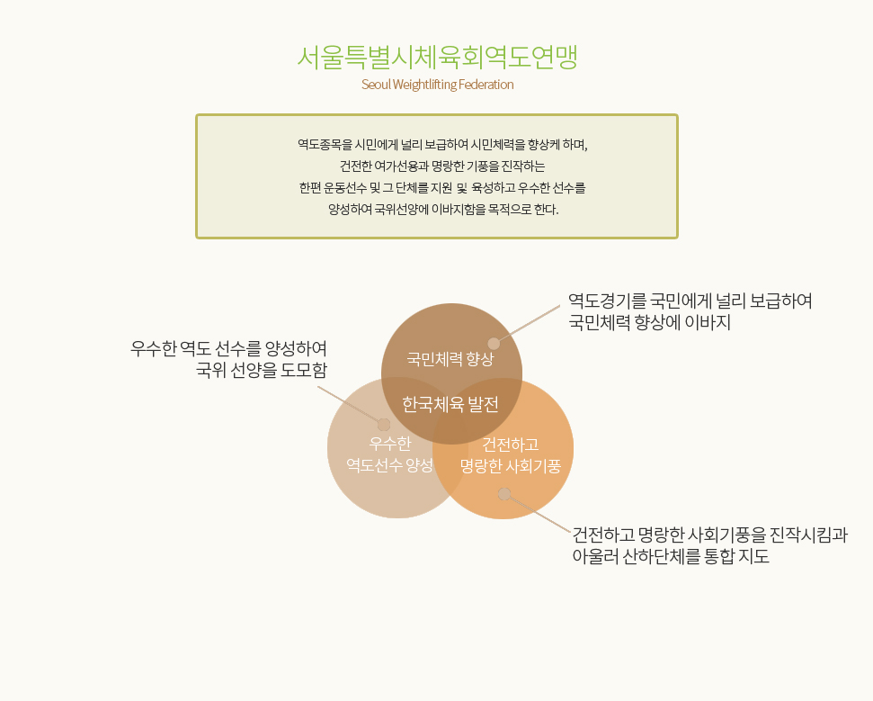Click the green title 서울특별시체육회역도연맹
[x=437, y=57]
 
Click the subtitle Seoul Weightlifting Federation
[x=438, y=85]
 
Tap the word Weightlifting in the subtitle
[x=424, y=85]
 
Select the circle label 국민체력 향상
[x=450, y=359]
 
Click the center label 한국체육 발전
[x=450, y=405]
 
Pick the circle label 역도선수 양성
[x=389, y=465]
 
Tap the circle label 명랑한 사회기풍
[x=511, y=466]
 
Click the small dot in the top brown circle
[x=494, y=343]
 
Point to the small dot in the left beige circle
[x=384, y=425]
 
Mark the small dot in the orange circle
[x=503, y=494]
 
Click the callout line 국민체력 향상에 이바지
[x=649, y=323]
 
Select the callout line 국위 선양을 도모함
[x=262, y=370]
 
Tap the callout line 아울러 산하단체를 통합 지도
[x=671, y=556]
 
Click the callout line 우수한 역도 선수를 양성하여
[x=229, y=349]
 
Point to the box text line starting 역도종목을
[x=442, y=145]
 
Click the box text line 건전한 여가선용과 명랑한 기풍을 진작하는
[x=442, y=166]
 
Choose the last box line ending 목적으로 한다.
[x=443, y=210]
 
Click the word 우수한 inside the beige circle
[x=390, y=444]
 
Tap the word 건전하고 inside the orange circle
[x=511, y=445]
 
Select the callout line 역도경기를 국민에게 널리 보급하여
[x=690, y=301]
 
